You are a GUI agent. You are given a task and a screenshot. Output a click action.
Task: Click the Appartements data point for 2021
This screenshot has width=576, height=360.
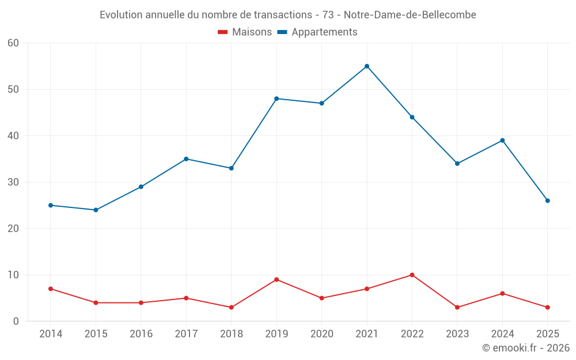coord(367,66)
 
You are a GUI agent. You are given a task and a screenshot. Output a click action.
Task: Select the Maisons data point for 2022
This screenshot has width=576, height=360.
coord(412,275)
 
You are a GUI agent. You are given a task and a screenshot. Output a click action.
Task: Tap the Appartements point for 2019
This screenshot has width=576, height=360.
coord(276,98)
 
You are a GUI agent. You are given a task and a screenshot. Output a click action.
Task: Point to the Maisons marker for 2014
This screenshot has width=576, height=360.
coord(51,289)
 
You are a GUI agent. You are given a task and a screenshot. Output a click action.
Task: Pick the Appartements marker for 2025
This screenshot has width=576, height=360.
coord(547,200)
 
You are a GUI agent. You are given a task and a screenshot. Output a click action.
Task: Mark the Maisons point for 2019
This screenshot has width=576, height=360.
coord(276,279)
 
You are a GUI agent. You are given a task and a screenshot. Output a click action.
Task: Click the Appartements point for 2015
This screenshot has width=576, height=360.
coord(96,210)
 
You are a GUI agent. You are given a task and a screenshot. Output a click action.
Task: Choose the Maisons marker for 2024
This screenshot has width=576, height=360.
coord(502,293)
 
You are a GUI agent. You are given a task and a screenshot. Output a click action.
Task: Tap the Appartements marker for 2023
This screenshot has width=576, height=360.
coord(457,164)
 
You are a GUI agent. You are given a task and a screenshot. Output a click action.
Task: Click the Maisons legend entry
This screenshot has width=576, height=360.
coord(245,32)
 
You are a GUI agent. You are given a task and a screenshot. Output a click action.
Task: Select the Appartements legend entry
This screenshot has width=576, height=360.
coord(317,32)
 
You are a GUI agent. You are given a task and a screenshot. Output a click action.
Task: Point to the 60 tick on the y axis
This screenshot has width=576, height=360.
coord(13,43)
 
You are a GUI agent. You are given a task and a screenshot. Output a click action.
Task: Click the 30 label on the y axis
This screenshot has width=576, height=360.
coord(13,182)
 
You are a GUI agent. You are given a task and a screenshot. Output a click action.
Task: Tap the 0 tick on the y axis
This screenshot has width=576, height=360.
coord(16,321)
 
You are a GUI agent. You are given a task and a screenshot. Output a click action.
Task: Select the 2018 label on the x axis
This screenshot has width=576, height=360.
coord(231,334)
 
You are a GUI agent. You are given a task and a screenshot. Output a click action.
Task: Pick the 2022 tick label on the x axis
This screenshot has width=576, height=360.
coord(412,334)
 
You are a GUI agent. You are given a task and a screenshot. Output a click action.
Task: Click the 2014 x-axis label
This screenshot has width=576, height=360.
coord(51,334)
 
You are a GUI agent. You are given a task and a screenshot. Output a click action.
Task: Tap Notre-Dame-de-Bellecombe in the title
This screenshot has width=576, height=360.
coord(410,15)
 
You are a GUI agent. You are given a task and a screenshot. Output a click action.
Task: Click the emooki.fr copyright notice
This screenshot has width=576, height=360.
coord(525,348)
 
